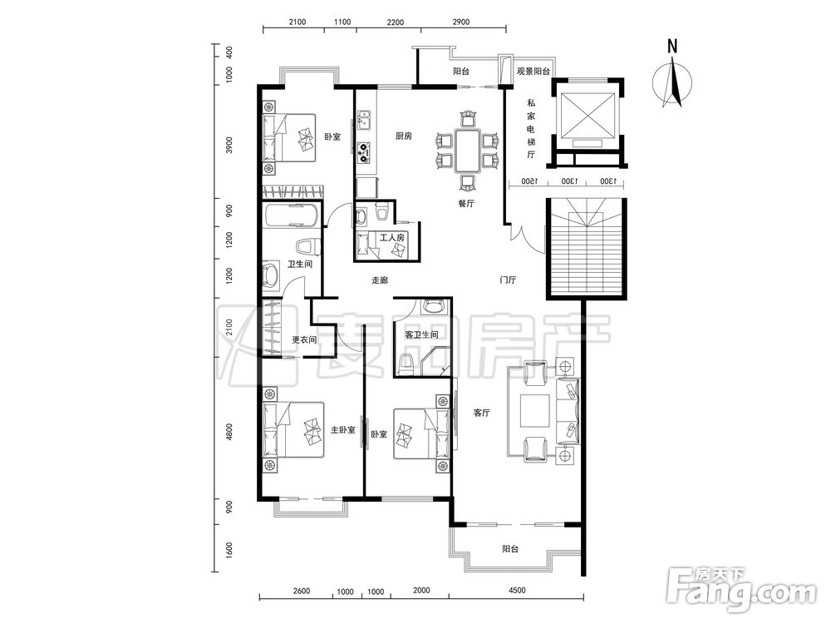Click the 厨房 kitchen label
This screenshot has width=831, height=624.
[404, 136]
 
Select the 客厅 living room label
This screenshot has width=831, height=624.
[482, 413]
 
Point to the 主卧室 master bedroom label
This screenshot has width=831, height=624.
[342, 429]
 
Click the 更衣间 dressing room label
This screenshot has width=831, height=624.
[305, 339]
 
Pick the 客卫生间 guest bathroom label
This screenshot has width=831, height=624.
[421, 334]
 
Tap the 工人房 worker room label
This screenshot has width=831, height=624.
[391, 238]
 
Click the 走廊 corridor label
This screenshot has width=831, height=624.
[380, 280]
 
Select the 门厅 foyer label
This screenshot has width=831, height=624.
[509, 280]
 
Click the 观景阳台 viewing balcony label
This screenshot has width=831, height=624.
[534, 72]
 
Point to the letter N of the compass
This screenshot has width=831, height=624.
[672, 46]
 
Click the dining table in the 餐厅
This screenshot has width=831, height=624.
[466, 151]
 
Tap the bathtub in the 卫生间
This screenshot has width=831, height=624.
[291, 215]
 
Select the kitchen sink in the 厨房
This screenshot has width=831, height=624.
[364, 120]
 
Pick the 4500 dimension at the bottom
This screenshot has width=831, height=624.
[517, 591]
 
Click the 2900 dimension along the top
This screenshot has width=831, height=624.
[460, 22]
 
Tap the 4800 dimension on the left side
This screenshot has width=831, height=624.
[229, 428]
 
